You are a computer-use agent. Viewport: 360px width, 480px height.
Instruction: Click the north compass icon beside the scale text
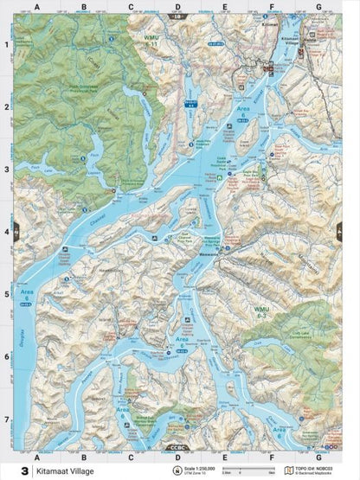[x=178, y=470]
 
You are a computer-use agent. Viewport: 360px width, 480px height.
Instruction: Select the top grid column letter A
[x=37, y=6]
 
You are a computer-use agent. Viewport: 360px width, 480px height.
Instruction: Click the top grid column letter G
[x=318, y=6]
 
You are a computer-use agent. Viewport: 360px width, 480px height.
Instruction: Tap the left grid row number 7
[x=7, y=419]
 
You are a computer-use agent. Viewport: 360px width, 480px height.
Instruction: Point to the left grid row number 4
[x=7, y=232]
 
